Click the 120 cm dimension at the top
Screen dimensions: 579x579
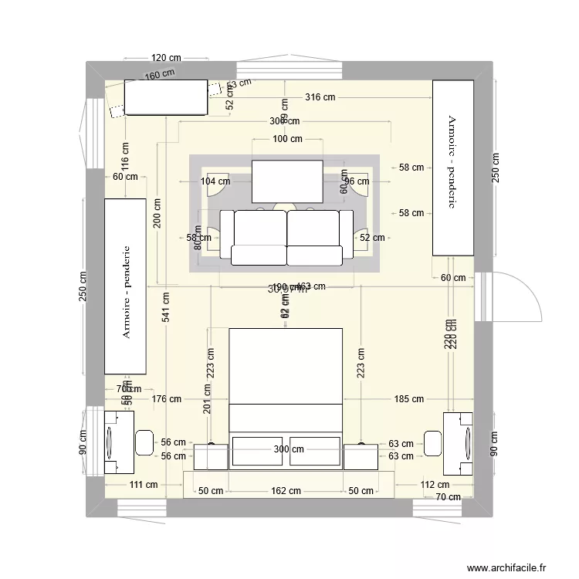166,58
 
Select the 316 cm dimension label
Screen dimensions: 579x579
320,97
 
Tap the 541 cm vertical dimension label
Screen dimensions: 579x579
166,311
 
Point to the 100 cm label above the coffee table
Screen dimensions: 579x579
287,139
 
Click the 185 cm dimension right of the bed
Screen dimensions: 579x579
408,399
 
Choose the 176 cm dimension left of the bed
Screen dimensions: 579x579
166,399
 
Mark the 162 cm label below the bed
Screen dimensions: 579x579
286,491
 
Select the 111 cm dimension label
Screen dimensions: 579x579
144,485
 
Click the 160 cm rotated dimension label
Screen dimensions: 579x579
160,75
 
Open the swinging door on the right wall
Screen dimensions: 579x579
506,297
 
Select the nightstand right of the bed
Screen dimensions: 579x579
360,455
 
